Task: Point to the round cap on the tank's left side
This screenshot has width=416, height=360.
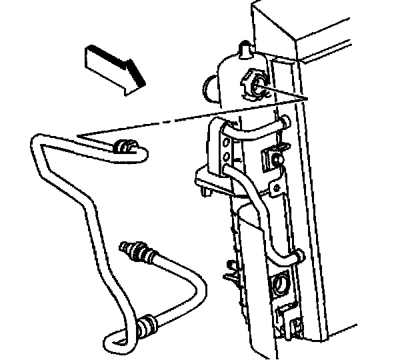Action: pyautogui.click(x=209, y=89)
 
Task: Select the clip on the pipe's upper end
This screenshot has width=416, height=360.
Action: pyautogui.click(x=124, y=148)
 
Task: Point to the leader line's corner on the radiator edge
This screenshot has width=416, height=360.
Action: pyautogui.click(x=308, y=97)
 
